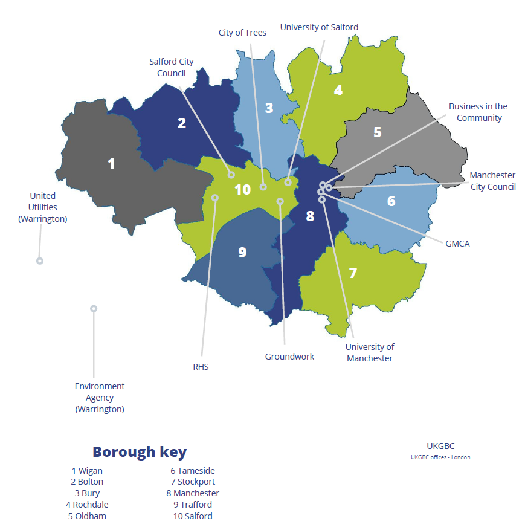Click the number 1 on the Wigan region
tap(111, 163)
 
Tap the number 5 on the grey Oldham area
tap(378, 132)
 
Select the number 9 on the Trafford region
tap(242, 252)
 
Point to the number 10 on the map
tap(242, 190)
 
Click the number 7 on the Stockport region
tap(353, 273)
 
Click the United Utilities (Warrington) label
tap(43, 207)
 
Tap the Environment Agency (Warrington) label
tap(100, 397)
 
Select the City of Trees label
tap(242, 33)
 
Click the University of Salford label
tap(319, 27)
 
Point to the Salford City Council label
tap(172, 67)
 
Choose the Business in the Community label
tap(478, 112)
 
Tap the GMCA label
tap(457, 244)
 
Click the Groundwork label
tap(289, 357)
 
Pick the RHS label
tap(201, 367)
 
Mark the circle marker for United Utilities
tap(40, 261)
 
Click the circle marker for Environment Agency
tap(94, 308)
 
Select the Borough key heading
tap(140, 451)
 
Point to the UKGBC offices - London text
tap(440, 457)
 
